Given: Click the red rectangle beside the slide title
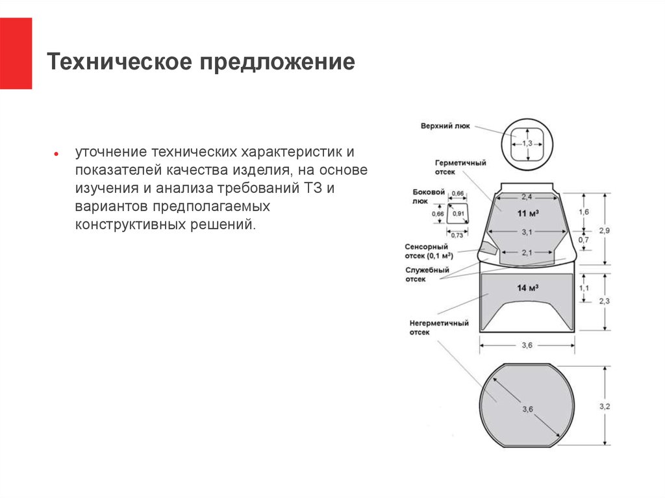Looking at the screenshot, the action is [16, 53].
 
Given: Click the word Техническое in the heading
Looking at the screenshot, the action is [119, 61].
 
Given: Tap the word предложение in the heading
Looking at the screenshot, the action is [277, 62].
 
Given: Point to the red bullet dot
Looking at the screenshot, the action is [56, 154].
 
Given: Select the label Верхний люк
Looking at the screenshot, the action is [445, 126].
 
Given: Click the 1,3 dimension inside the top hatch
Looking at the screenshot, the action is [527, 143].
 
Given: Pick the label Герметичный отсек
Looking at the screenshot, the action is [460, 167].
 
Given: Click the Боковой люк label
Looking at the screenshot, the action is [429, 196].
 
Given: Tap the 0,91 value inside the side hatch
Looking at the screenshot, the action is [458, 214].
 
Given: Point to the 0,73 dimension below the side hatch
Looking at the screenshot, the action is [457, 235].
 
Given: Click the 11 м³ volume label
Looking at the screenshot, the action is [527, 213].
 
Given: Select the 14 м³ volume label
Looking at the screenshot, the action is [527, 288].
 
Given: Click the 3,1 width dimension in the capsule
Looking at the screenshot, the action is [527, 232].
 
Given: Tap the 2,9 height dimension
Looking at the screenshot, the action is [605, 230].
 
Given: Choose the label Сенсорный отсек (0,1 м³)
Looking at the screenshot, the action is [429, 251].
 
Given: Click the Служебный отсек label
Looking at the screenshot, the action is [427, 275].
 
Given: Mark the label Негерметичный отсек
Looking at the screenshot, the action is [439, 327].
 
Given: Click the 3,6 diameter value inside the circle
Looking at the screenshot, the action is [527, 409].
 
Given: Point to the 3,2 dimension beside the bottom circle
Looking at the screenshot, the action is [605, 406].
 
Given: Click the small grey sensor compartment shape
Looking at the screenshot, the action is [488, 248].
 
